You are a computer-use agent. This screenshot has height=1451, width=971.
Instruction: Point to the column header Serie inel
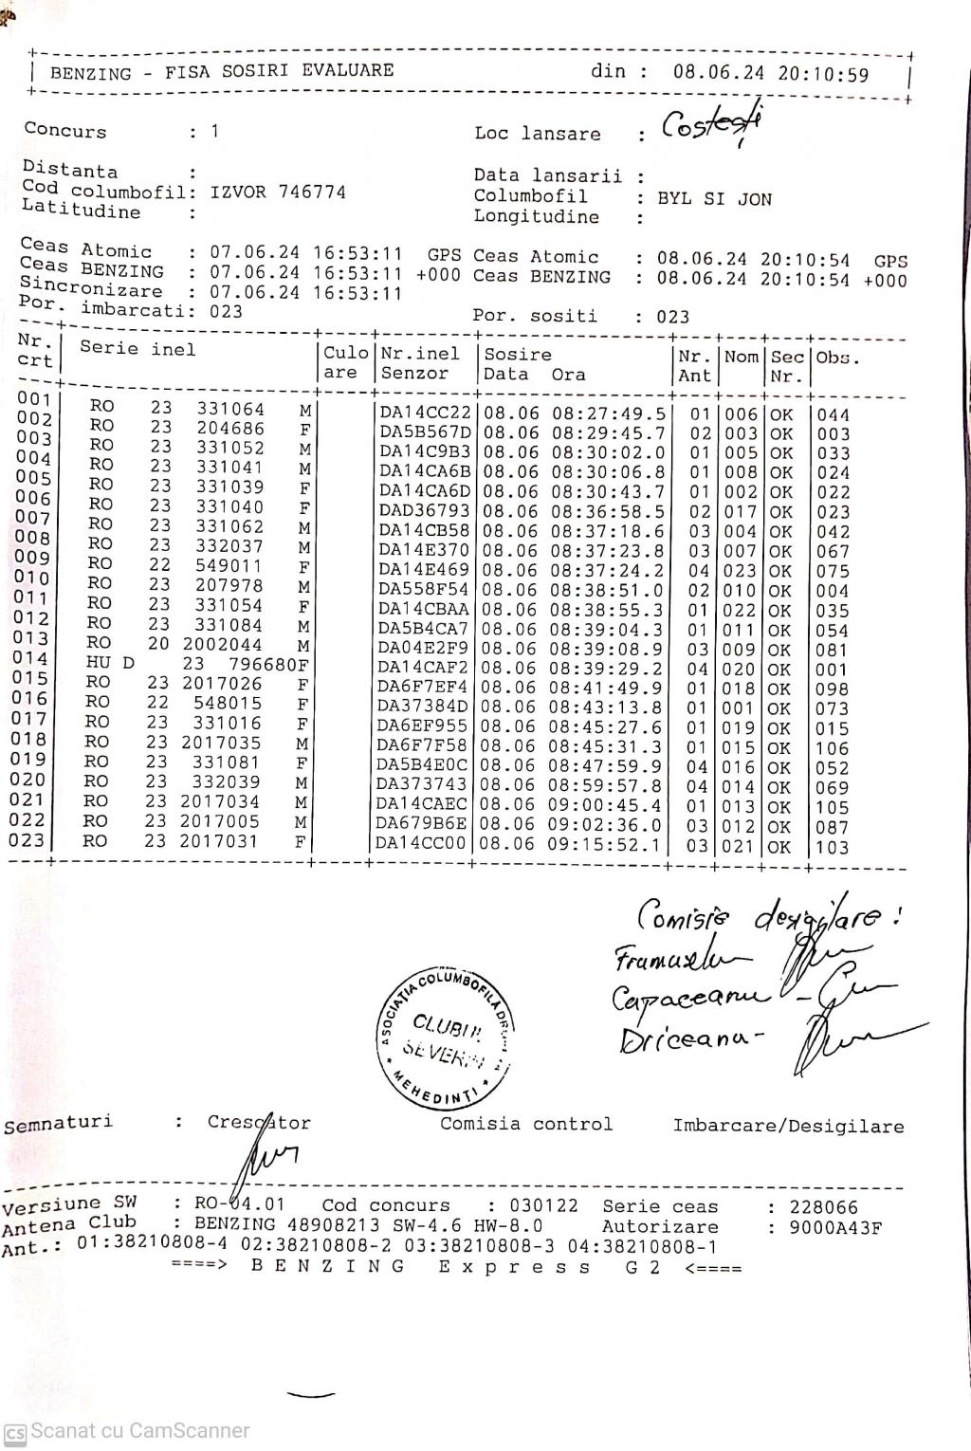pos(137,349)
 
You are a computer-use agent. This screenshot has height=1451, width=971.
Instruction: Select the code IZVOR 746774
pos(278,192)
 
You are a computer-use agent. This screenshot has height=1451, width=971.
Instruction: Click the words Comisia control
pos(526,1125)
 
